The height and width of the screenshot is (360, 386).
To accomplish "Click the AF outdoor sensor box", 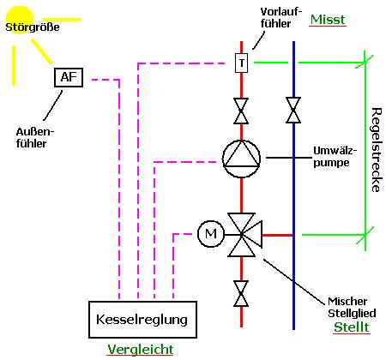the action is click(69, 77).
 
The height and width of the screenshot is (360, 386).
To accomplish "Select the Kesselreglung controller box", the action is click(142, 320).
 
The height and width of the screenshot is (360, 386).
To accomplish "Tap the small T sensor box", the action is click(242, 63).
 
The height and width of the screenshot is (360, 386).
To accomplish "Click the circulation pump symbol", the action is click(242, 159).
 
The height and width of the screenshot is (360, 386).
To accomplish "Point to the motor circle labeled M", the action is click(211, 234).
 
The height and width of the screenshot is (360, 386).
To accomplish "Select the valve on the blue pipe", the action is click(293, 110).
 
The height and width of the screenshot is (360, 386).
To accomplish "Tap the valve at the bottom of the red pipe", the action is click(241, 293).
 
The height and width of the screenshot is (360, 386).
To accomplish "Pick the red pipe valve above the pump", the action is click(241, 111).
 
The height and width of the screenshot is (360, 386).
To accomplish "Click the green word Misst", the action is click(328, 20).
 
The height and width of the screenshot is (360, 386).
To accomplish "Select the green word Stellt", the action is click(352, 327).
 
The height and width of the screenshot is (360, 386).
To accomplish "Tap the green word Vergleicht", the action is click(140, 349).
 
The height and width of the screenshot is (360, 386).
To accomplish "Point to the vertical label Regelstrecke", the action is click(376, 150).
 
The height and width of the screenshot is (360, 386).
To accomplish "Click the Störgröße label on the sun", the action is click(33, 27).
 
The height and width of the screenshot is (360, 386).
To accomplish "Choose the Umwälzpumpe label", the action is click(335, 157).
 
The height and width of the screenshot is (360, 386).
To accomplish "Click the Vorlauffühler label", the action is click(281, 18).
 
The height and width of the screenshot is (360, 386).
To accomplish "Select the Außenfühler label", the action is click(35, 138).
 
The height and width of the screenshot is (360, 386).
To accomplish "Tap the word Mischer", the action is click(347, 301).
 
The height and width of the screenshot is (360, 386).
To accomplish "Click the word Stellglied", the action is click(352, 314).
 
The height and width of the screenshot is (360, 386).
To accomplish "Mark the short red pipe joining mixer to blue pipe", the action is click(277, 235).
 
